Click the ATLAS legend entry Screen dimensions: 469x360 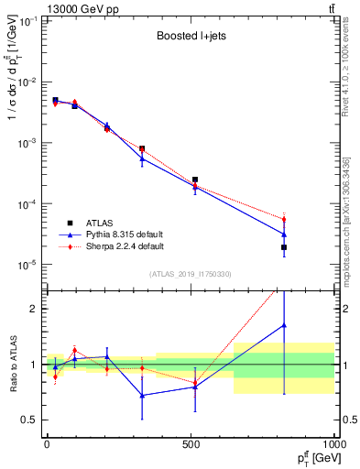98,223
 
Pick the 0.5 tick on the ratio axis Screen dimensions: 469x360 31,420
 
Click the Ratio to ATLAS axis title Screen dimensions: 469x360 12,364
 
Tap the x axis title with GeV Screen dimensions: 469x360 312,459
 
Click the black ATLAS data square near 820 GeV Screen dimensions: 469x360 284,247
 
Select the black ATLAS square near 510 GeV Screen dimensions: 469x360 195,180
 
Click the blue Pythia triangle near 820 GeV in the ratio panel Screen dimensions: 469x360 284,325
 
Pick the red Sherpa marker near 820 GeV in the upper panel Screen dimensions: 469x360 284,220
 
